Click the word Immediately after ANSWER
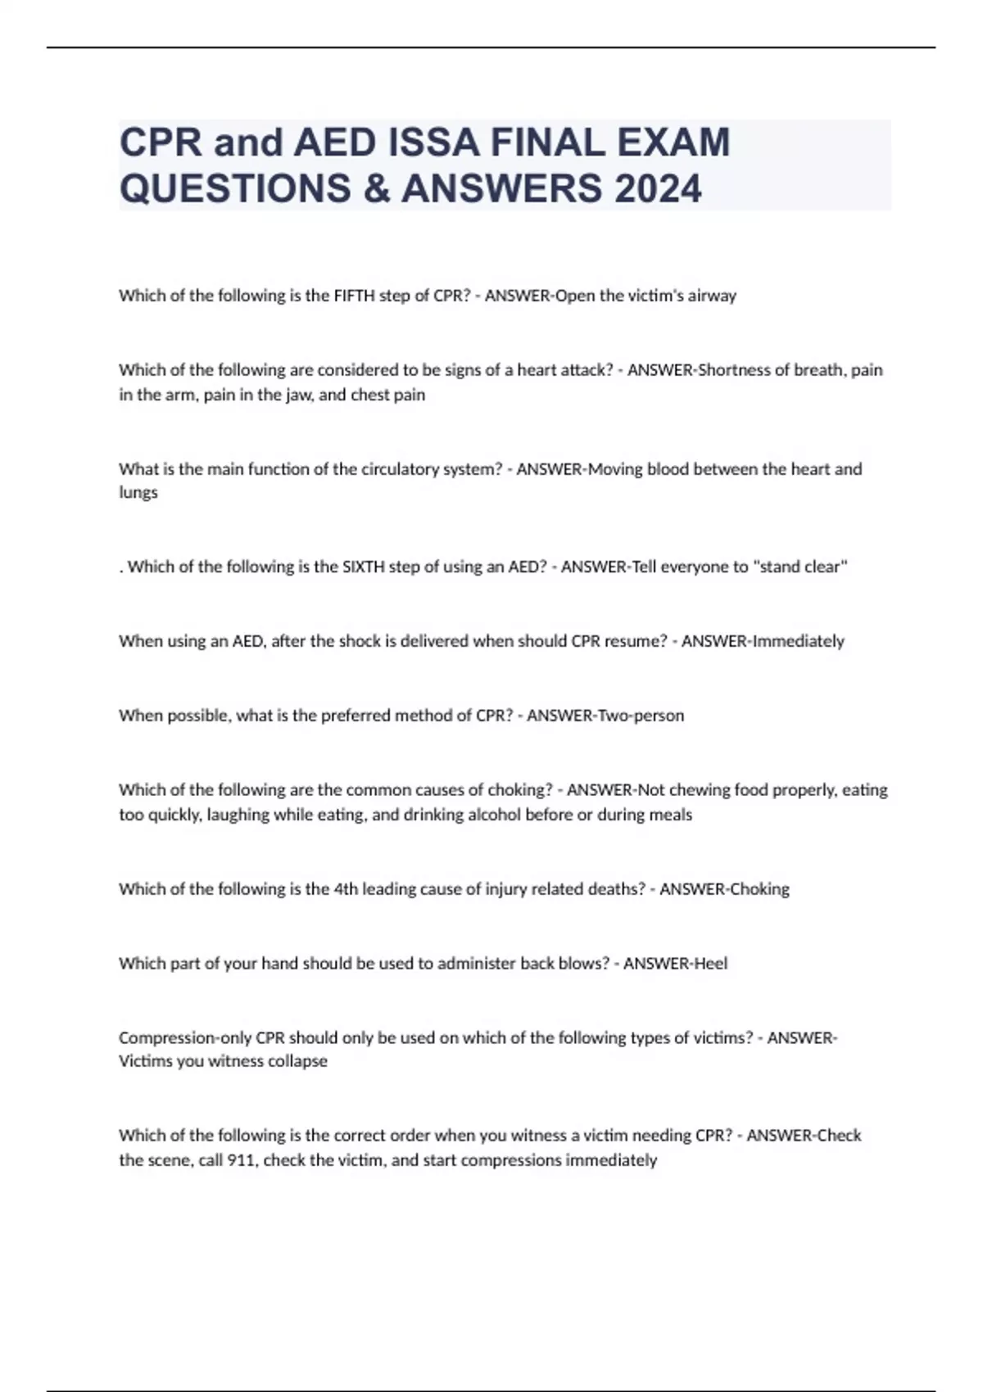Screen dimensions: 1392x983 click(798, 641)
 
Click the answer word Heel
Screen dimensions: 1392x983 click(710, 964)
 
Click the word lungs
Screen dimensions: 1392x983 click(138, 493)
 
